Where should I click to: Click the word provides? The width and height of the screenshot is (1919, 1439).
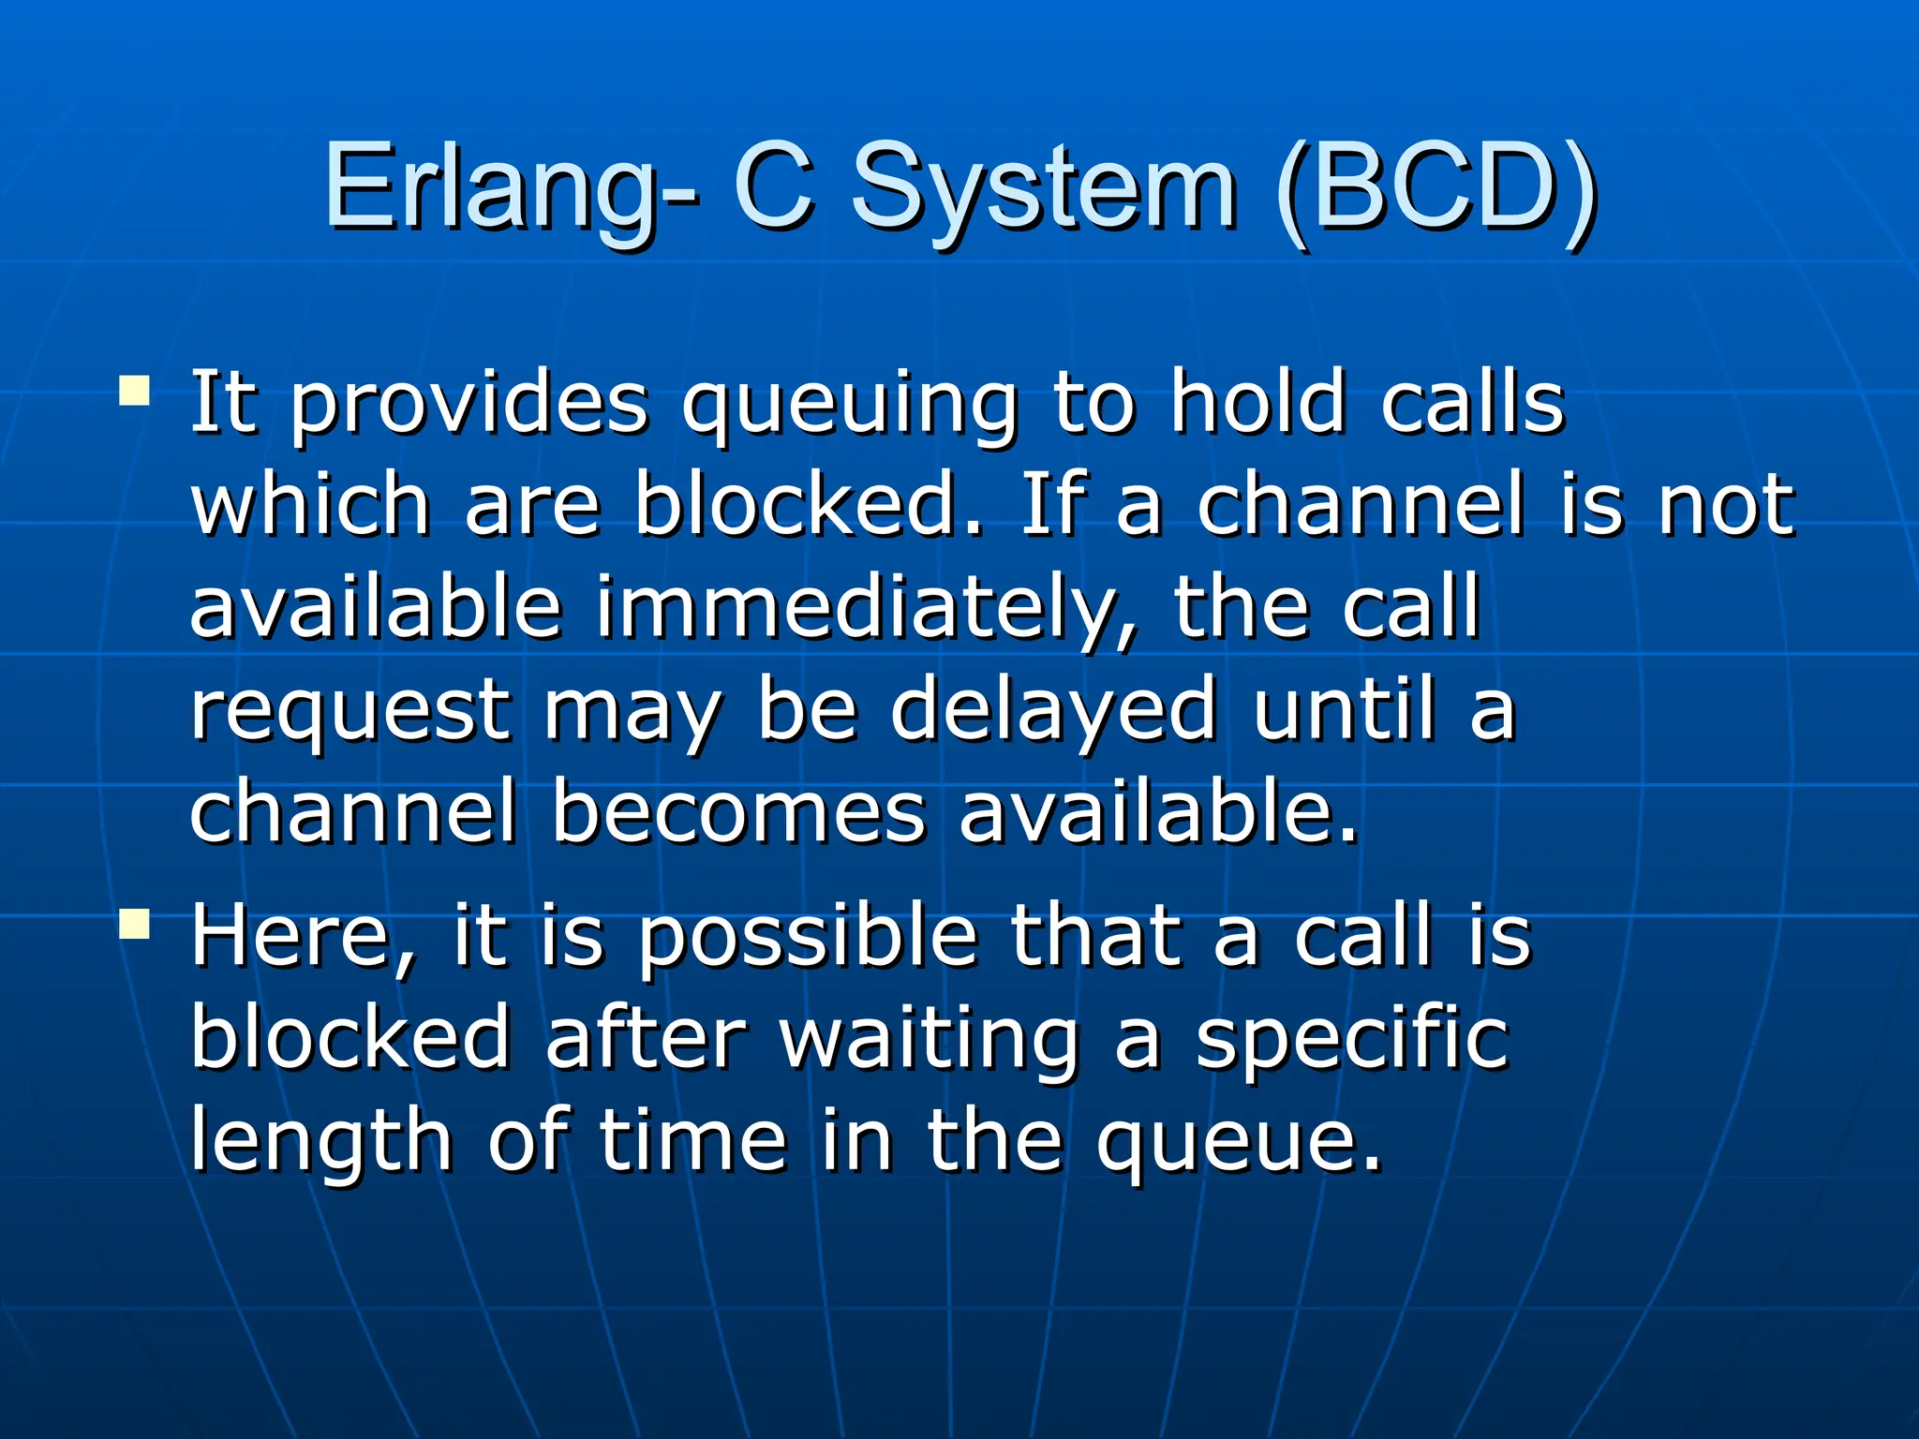(x=469, y=405)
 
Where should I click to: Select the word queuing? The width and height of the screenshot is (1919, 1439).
(x=849, y=405)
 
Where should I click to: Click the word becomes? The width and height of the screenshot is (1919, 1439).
(x=738, y=811)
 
